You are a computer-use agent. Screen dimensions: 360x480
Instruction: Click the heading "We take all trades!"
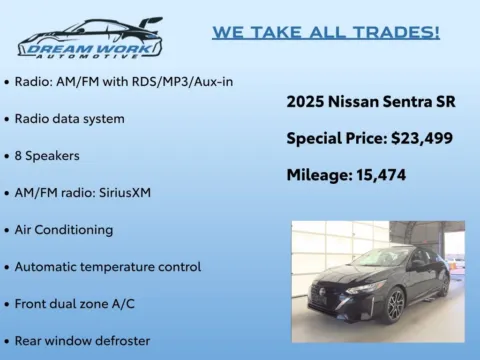[326, 32]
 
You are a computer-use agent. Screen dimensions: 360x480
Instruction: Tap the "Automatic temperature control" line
[107, 266]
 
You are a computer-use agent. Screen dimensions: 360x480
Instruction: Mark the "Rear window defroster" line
[82, 340]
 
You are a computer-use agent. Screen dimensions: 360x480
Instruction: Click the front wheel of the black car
[396, 303]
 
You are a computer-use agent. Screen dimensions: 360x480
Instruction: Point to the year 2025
[305, 102]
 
